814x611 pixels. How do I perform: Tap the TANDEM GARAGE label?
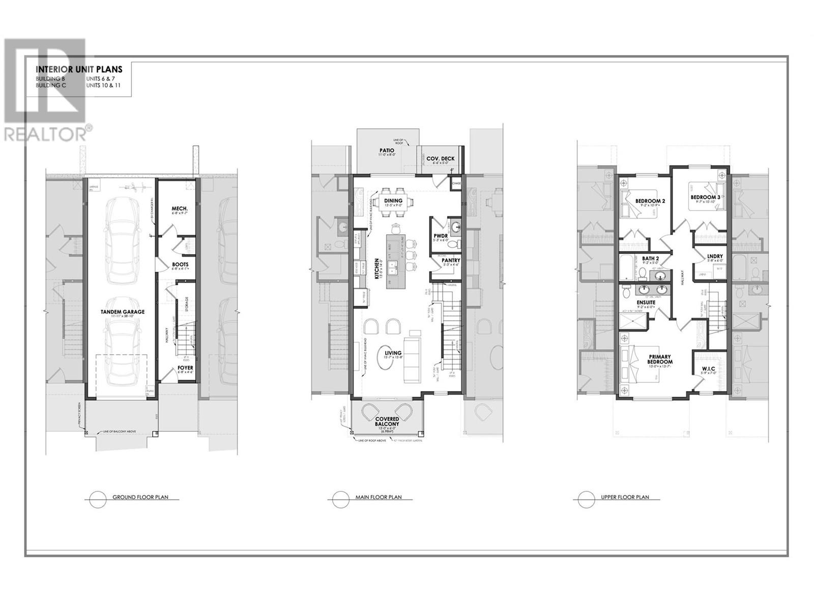click(x=122, y=312)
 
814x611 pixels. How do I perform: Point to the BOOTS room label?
click(x=180, y=264)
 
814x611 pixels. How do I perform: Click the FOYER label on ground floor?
click(x=185, y=368)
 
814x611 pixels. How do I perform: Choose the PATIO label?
click(x=387, y=150)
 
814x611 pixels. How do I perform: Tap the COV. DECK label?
click(x=441, y=159)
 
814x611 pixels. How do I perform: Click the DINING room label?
click(x=393, y=201)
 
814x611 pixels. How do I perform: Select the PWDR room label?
click(x=440, y=235)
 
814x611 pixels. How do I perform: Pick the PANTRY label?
click(x=451, y=260)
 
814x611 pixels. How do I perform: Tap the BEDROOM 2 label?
click(x=650, y=201)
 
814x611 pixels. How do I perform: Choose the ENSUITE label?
click(x=646, y=302)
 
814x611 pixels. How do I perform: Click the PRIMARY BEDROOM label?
click(x=659, y=359)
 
